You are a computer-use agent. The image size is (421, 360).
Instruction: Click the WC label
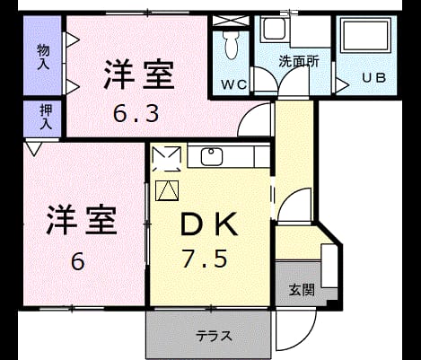pos(234,84)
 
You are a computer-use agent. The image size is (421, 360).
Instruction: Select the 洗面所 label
pos(299,61)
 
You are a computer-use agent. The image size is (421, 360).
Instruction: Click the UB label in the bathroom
pos(374,78)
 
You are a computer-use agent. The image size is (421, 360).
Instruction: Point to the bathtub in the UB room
pos(367,35)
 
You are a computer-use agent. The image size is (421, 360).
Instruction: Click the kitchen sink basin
pos(212,157)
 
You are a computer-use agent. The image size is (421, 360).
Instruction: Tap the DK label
pos(209,224)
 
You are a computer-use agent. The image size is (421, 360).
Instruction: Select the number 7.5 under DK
pos(205,259)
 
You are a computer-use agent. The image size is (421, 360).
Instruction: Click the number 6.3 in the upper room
pos(136,113)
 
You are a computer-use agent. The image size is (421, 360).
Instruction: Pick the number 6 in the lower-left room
pos(78,261)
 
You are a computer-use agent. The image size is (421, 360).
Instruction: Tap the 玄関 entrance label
pos(302,289)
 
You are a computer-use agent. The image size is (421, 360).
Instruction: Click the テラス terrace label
pos(214,336)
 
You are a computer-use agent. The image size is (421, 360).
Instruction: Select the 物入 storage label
pos(43,57)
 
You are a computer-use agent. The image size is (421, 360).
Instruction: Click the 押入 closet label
pos(46,118)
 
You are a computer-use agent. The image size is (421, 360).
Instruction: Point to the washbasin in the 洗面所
pos(274,29)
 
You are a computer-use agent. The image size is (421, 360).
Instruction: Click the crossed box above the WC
pos(231,21)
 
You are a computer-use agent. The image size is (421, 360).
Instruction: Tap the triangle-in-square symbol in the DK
pos(167,190)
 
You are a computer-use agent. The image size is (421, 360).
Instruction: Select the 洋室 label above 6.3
pos(139,75)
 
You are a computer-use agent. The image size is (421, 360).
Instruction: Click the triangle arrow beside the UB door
pos(342,85)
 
